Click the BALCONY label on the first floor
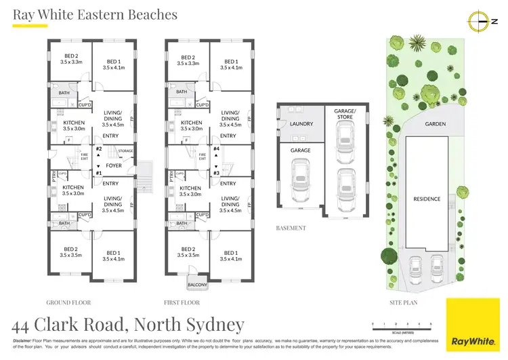[198, 285]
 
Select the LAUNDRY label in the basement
[300, 124]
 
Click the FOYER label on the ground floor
[112, 165]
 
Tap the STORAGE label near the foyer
[126, 151]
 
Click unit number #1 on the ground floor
[98, 173]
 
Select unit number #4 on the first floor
[216, 148]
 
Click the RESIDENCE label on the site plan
[427, 199]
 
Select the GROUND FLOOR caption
[68, 302]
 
